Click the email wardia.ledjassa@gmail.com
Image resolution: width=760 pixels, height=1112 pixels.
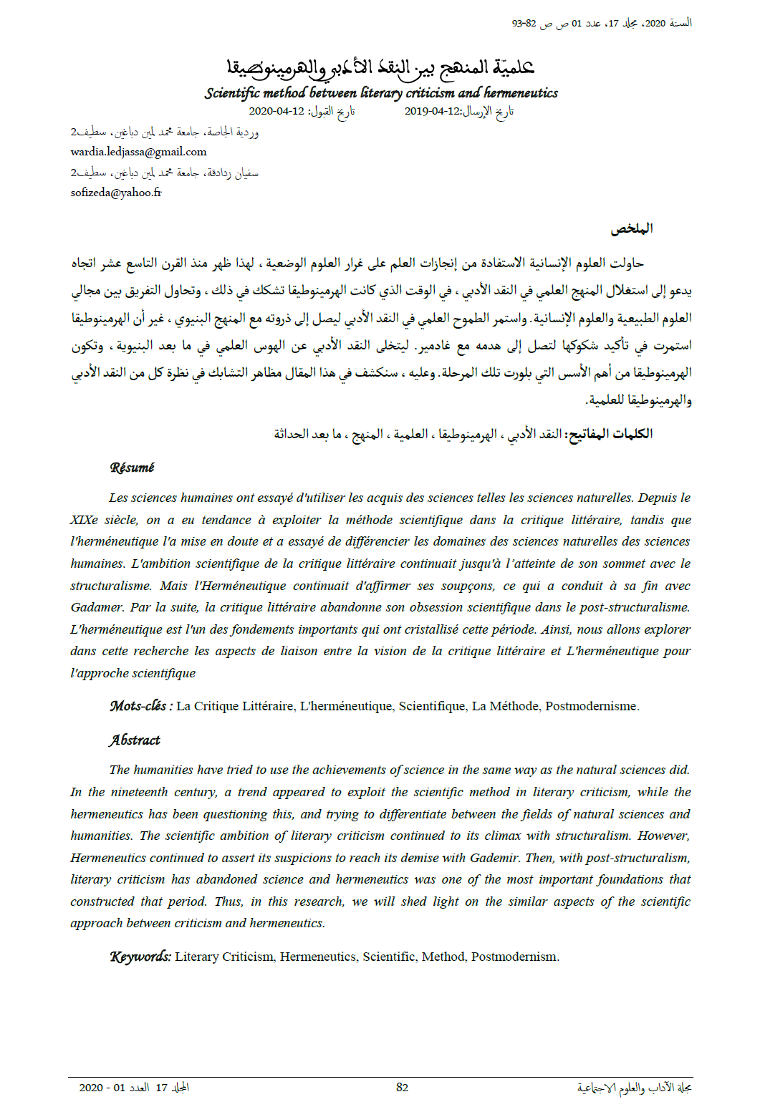pyautogui.click(x=138, y=152)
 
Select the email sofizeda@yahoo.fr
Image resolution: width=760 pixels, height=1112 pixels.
pyautogui.click(x=116, y=193)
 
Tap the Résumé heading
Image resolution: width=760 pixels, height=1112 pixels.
pyautogui.click(x=132, y=468)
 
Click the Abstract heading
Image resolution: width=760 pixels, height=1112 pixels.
pyautogui.click(x=135, y=740)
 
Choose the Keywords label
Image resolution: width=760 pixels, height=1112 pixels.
pyautogui.click(x=140, y=957)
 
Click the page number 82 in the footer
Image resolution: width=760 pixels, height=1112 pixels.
pyautogui.click(x=402, y=1087)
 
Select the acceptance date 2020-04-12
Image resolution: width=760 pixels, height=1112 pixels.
pyautogui.click(x=276, y=111)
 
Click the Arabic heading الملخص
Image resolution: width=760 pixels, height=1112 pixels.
pyautogui.click(x=631, y=228)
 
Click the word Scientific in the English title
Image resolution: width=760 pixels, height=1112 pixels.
pyautogui.click(x=232, y=93)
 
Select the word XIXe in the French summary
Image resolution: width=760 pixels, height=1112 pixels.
pyautogui.click(x=84, y=520)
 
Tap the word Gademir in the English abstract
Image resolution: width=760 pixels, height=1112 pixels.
pyautogui.click(x=494, y=858)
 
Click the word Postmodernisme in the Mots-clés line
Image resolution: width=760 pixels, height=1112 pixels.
pyautogui.click(x=591, y=706)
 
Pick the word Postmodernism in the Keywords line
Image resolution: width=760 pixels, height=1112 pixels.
pyautogui.click(x=514, y=957)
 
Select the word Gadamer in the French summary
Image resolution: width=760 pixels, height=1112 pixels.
pyautogui.click(x=97, y=607)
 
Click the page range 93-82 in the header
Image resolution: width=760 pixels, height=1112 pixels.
pyautogui.click(x=524, y=24)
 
